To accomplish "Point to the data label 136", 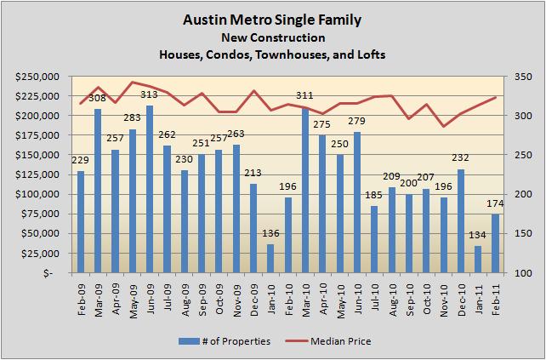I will [271, 233].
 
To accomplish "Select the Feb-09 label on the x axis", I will [81, 298].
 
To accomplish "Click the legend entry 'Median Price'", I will [338, 341].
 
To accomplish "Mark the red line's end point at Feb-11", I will [496, 97].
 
